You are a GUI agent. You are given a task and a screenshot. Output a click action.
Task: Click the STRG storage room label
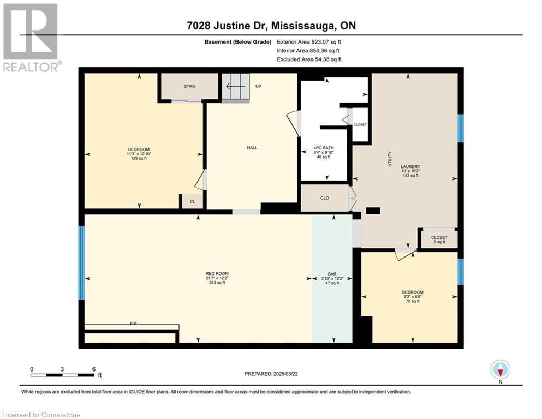click(x=189, y=86)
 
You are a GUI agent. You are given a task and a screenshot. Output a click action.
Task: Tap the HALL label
click(x=252, y=148)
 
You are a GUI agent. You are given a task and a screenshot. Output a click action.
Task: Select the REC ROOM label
click(x=217, y=273)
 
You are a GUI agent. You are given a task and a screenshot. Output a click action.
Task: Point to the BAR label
click(x=332, y=274)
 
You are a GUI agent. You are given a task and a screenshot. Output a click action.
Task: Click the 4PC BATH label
click(x=324, y=148)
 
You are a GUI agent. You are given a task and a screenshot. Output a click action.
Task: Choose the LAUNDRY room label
click(x=410, y=166)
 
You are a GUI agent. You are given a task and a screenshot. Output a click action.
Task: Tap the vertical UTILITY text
click(x=390, y=159)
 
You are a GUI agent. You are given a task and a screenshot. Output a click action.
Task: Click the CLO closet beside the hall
click(x=325, y=198)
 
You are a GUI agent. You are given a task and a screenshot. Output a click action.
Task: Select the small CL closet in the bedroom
click(x=192, y=201)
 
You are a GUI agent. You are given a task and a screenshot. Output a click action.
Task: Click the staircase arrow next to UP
click(x=235, y=86)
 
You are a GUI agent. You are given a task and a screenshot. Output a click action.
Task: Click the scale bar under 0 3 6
click(x=62, y=375)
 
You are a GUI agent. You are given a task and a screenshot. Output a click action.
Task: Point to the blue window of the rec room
click(x=81, y=262)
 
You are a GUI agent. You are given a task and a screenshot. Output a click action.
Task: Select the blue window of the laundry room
click(x=461, y=128)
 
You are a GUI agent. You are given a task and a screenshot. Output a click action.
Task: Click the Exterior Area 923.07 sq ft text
click(x=309, y=42)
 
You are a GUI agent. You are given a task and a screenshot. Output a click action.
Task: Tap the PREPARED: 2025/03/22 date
click(x=271, y=374)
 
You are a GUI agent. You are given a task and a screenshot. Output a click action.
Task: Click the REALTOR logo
click(x=31, y=38)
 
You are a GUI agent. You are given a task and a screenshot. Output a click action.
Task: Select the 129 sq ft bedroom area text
click(x=139, y=159)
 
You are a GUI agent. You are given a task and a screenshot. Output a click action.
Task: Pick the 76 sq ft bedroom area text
click(x=413, y=301)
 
